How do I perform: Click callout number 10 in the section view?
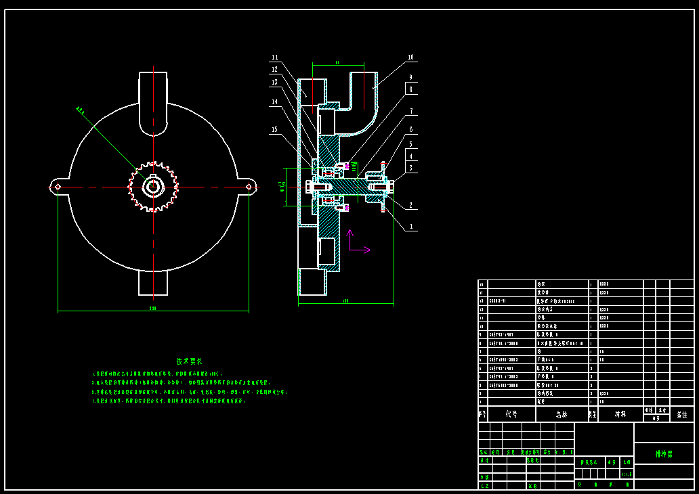click(x=410, y=58)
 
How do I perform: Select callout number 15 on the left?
click(x=274, y=129)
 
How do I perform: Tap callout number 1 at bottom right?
click(x=410, y=227)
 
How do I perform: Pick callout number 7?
click(x=410, y=111)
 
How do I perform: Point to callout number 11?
click(x=274, y=58)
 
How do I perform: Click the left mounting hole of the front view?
click(x=58, y=186)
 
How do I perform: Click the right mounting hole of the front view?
click(x=249, y=186)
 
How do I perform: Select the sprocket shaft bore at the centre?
click(x=154, y=186)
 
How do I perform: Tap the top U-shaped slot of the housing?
click(x=154, y=102)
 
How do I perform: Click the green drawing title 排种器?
click(x=663, y=454)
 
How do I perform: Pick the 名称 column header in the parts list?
click(x=562, y=414)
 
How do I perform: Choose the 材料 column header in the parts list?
click(x=620, y=414)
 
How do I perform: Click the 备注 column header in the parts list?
click(x=681, y=414)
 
